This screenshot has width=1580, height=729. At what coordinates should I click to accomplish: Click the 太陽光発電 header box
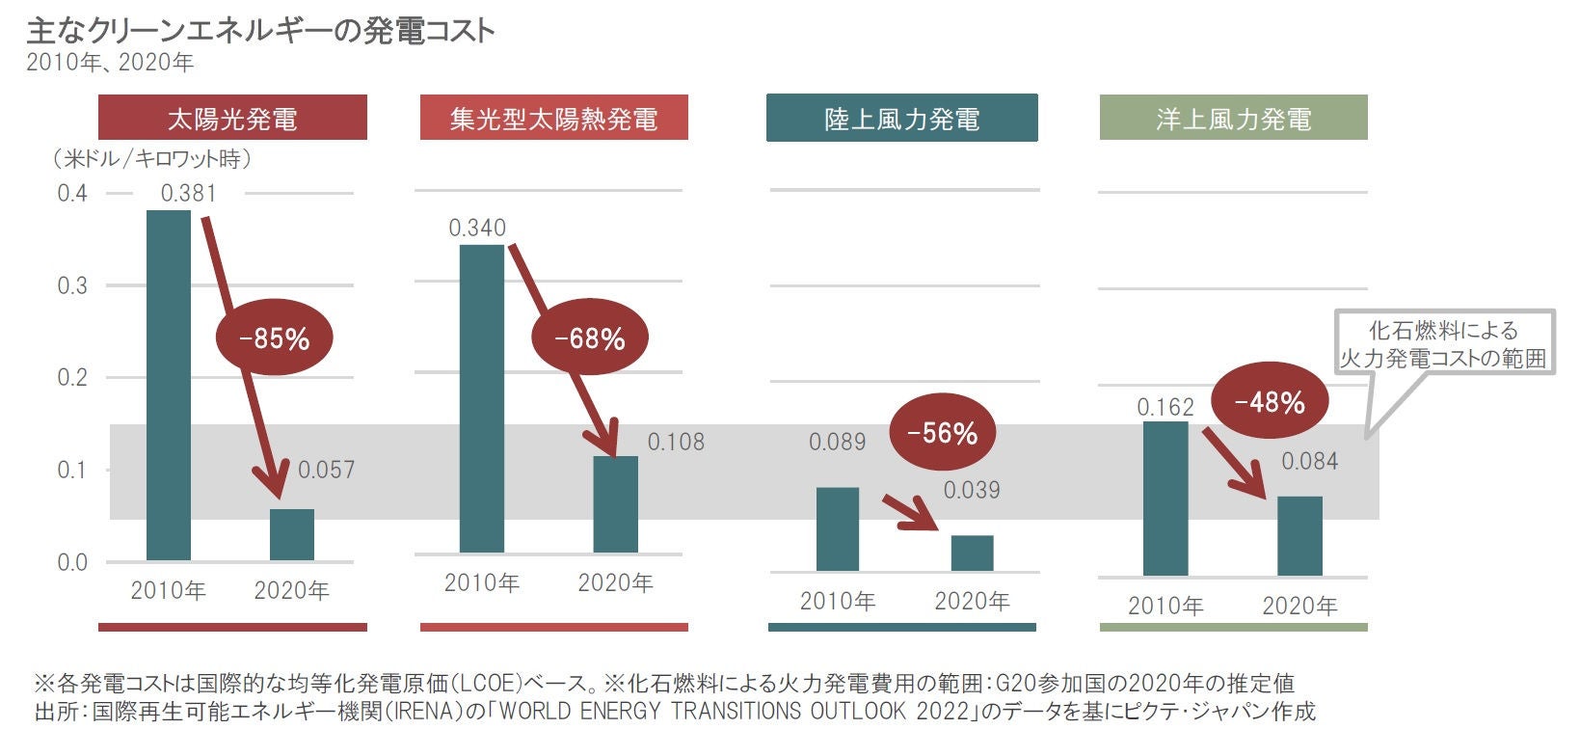tap(232, 118)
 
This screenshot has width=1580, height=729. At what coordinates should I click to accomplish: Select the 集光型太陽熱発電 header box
tap(553, 118)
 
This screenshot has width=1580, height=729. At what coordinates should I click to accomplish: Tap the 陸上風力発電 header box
tap(901, 118)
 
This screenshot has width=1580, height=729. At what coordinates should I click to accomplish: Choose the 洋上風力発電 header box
tap(1233, 118)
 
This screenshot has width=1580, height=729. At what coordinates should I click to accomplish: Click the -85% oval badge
tap(274, 338)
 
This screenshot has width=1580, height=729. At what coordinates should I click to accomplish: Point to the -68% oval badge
tap(589, 338)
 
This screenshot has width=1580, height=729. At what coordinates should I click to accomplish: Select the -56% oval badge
tap(942, 434)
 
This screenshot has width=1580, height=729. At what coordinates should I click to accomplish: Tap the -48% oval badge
tap(1269, 401)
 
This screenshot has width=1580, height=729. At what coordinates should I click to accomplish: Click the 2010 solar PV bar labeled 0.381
tap(169, 385)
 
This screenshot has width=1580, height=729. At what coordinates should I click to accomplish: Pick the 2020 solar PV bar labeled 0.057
tap(291, 534)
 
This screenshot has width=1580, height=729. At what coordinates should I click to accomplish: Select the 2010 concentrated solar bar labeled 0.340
tap(481, 398)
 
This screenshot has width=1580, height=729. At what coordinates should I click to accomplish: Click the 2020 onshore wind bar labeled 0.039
tap(972, 553)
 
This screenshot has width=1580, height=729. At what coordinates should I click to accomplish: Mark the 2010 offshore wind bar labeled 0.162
tap(1165, 499)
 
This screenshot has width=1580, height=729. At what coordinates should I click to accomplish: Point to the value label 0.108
tap(675, 443)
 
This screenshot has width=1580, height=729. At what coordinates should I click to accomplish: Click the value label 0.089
tap(837, 443)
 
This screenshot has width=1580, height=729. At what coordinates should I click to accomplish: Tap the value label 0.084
tap(1308, 462)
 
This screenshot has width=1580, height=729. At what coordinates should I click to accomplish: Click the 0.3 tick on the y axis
tap(72, 285)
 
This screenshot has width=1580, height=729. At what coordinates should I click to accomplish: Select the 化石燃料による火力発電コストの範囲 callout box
tap(1443, 343)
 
